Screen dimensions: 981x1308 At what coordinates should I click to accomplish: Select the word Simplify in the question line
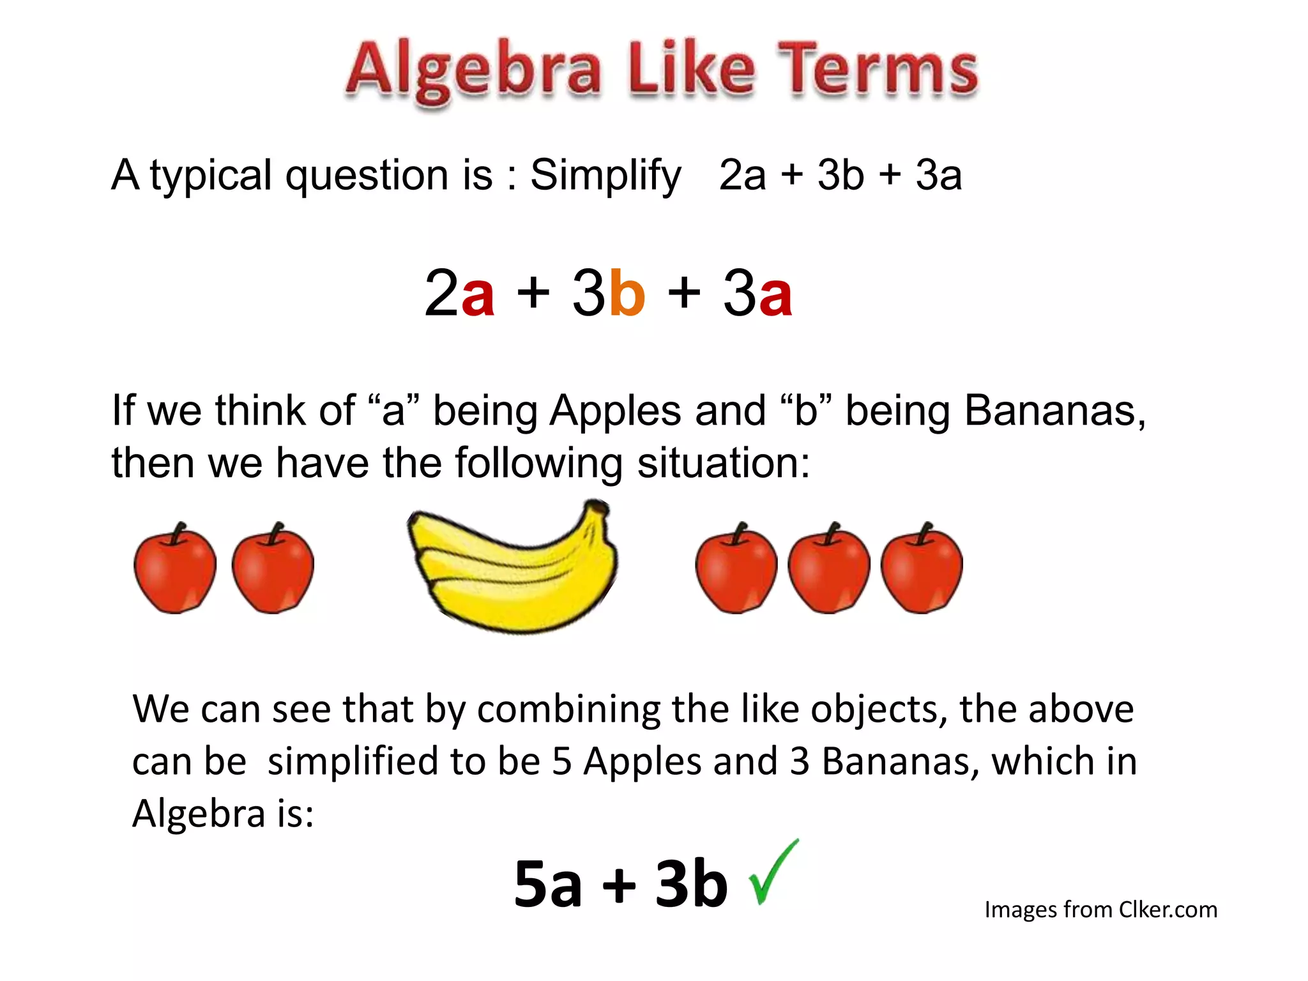coord(605,176)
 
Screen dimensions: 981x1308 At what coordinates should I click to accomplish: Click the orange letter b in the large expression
coord(627,293)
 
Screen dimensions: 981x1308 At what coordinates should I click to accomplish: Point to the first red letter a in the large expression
coord(478,295)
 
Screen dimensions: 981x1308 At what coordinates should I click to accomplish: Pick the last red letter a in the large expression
coord(775,295)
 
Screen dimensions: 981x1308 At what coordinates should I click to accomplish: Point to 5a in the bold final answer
coord(548,885)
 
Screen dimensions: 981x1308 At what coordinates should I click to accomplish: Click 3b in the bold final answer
coord(691,885)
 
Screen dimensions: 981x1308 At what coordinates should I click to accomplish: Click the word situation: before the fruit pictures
coord(724,463)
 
